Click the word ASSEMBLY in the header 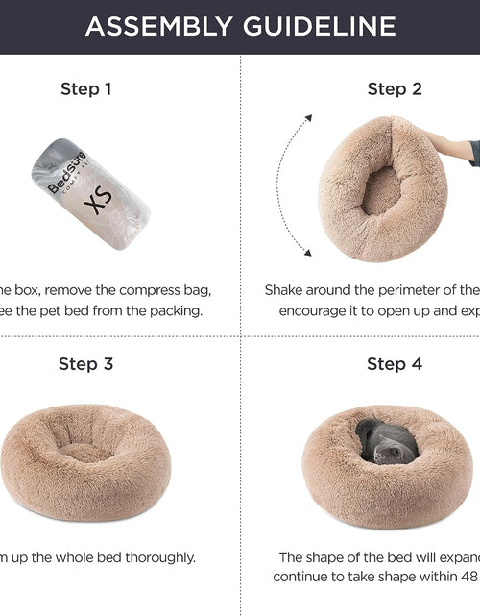click(154, 26)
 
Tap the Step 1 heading click(86, 89)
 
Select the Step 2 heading click(394, 89)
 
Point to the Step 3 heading click(86, 363)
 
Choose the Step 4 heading click(394, 363)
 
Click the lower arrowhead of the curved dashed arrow click(307, 253)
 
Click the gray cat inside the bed click(386, 444)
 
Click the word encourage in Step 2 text click(318, 310)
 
